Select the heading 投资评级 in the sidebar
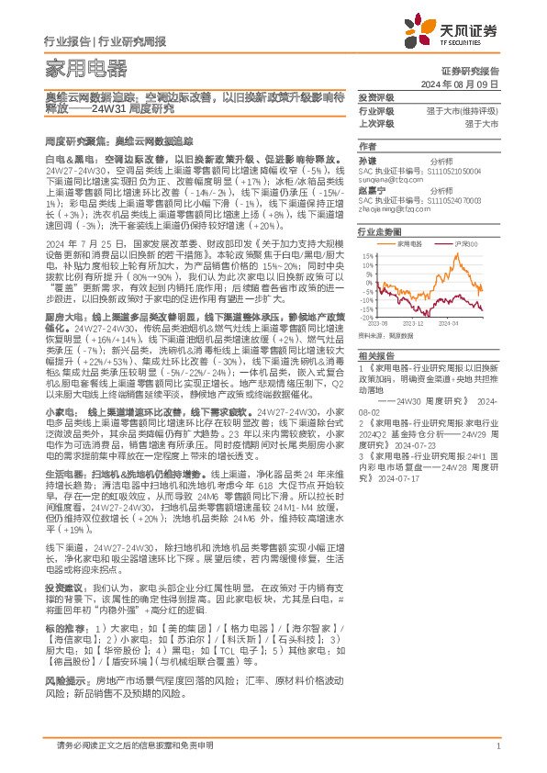376,97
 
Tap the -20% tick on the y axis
366,317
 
